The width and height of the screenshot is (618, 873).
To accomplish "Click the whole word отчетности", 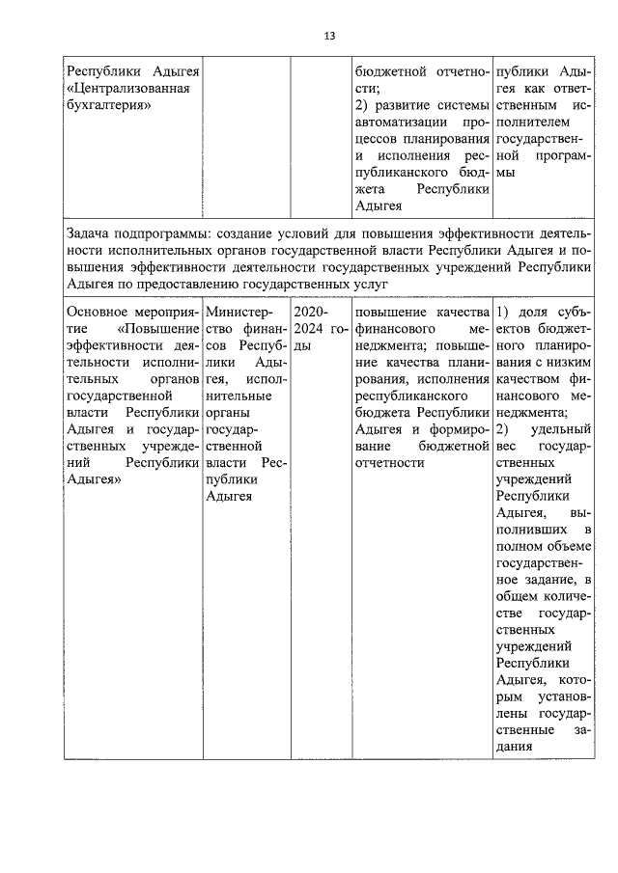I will [390, 463].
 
